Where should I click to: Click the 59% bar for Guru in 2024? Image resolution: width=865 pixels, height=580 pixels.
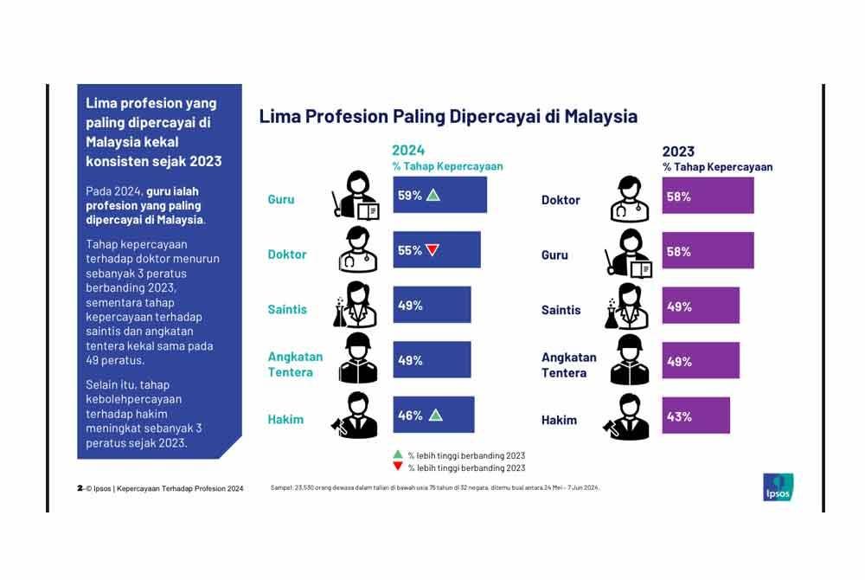click(439, 195)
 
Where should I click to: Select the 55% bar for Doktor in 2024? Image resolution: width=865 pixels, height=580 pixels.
click(436, 250)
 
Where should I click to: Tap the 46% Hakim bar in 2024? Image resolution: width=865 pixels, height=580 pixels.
click(433, 416)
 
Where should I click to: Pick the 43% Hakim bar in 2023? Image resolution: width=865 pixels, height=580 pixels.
click(695, 416)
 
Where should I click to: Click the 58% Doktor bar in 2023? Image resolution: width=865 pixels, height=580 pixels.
click(708, 197)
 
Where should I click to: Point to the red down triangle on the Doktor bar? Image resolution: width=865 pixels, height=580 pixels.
click(432, 250)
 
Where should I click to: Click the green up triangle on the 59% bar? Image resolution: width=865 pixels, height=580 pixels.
click(433, 196)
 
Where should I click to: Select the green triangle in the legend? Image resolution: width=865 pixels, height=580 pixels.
click(397, 454)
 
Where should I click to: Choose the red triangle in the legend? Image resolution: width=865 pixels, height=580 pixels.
click(397, 467)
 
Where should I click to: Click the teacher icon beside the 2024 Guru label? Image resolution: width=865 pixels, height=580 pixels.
click(356, 196)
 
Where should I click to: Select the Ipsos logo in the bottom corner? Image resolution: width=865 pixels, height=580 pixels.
click(778, 487)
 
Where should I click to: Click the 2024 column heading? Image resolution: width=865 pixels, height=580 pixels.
click(408, 151)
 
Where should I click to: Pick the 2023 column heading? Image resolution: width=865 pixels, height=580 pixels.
click(679, 151)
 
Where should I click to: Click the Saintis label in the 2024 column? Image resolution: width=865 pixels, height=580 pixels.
click(287, 309)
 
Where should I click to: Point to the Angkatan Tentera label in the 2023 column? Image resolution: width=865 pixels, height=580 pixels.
click(568, 364)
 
